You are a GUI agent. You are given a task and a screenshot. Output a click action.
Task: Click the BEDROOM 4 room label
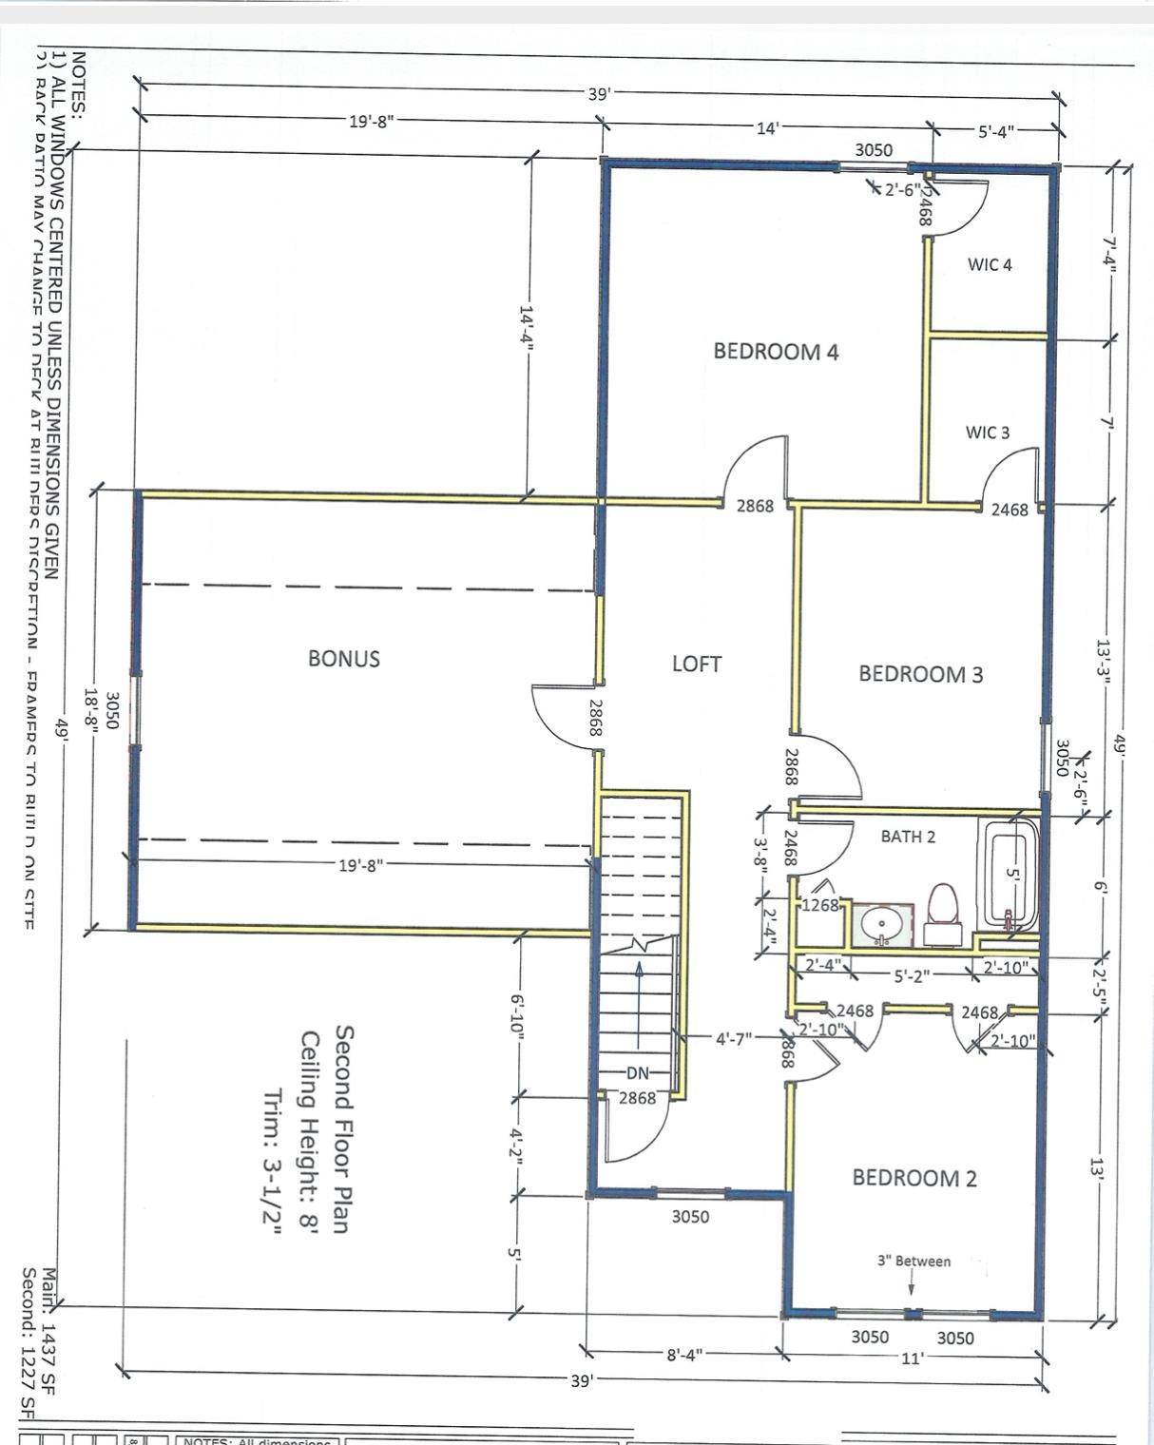coord(776,352)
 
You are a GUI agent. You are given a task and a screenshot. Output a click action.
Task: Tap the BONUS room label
coord(344,659)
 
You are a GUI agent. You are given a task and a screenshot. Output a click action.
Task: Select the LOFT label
coord(697,665)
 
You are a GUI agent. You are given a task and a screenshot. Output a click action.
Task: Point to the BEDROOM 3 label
coord(920,674)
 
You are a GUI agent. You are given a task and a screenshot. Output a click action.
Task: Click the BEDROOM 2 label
coord(914,1178)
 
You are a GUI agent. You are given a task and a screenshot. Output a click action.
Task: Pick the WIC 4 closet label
coord(990,265)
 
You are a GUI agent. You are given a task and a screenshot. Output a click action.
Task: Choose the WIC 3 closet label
coord(988,433)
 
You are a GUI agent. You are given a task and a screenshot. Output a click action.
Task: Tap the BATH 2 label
coord(908,837)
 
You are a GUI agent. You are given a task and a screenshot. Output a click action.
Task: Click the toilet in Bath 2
coord(943,908)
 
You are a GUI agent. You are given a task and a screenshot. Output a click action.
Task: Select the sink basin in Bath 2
coord(881,922)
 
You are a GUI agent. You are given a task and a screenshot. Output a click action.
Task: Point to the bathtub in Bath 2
coord(1010,875)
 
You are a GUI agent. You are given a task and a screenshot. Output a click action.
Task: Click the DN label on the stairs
coord(637,1073)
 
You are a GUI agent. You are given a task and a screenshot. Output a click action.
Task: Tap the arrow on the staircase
coord(639,1008)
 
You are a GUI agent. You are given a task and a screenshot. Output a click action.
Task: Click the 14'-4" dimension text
coord(527,327)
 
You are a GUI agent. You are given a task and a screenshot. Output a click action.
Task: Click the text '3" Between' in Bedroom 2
coord(914,1262)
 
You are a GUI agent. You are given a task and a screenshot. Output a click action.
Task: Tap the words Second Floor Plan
coord(344,1128)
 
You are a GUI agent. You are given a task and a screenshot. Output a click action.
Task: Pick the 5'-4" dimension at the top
coord(996,131)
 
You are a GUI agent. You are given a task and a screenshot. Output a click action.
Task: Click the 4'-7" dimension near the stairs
coord(734,1038)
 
